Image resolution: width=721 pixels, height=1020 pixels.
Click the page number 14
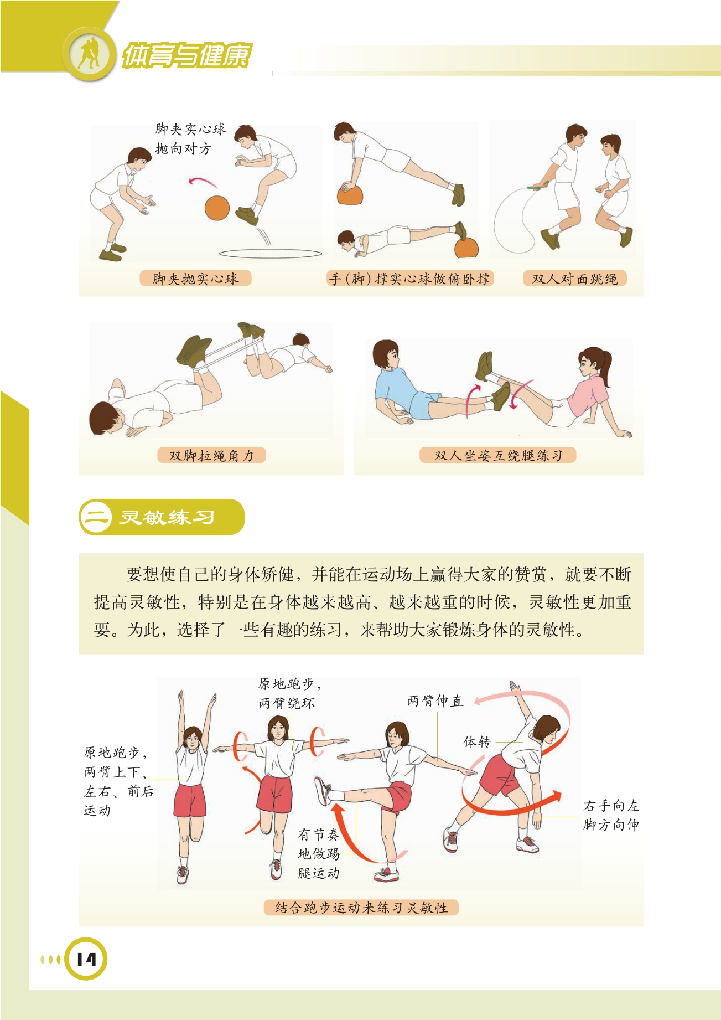point(86,959)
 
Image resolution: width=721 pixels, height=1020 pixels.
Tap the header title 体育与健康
point(186,55)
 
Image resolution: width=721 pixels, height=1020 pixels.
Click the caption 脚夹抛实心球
point(195,279)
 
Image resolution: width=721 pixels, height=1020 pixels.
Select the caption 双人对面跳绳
point(575,279)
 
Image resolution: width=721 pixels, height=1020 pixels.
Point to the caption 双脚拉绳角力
point(211,455)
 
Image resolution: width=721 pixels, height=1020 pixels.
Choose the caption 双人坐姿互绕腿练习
point(499,455)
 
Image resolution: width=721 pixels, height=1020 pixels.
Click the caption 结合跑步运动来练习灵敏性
point(361,908)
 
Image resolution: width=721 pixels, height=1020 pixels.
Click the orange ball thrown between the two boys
point(217,208)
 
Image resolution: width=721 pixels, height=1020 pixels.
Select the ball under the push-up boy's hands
point(350,195)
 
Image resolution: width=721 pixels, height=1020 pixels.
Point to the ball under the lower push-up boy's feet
point(466,248)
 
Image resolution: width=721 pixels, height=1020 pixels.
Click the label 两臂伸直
point(435,700)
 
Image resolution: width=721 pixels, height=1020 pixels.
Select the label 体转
point(477,741)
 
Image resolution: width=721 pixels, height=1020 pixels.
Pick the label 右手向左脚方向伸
point(611,815)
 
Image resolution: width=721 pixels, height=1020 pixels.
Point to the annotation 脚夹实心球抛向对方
point(191,139)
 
